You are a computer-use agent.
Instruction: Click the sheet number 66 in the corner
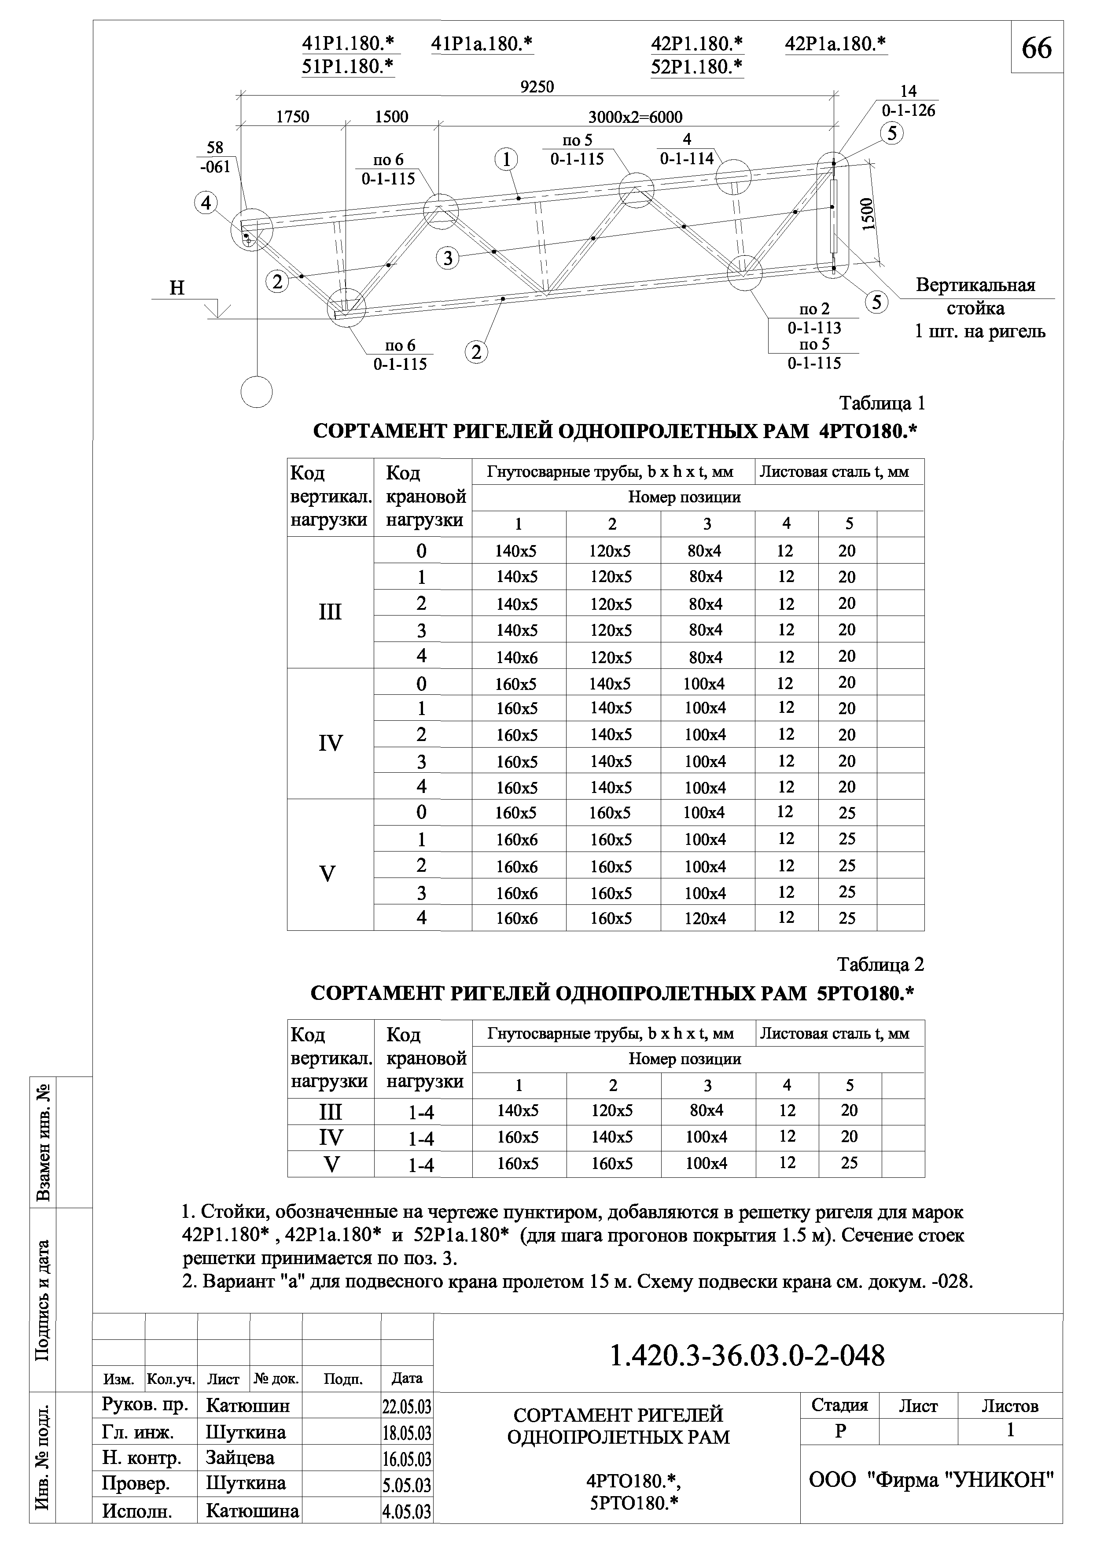click(x=1037, y=48)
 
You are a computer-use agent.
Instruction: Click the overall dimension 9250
click(x=537, y=87)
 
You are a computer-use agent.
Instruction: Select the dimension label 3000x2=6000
click(x=635, y=117)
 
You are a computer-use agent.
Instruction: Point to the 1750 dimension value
click(x=293, y=117)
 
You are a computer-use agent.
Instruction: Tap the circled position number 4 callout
click(x=206, y=203)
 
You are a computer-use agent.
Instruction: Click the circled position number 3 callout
click(x=448, y=258)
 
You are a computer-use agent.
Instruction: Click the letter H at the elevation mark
click(x=177, y=288)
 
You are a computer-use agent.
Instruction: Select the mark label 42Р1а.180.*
click(x=835, y=44)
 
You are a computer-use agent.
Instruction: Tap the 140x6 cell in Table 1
click(x=517, y=657)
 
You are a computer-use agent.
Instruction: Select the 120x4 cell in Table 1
click(x=705, y=918)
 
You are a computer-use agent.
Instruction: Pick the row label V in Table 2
click(x=331, y=1165)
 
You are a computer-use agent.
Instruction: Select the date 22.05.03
click(x=406, y=1407)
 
